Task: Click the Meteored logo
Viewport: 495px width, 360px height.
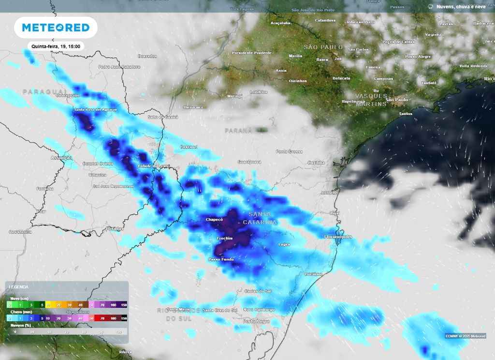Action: [56, 28]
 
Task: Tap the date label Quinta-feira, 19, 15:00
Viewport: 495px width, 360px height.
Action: [56, 46]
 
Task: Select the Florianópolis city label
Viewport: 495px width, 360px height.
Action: [337, 237]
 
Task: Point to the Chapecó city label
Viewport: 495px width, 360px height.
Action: [214, 219]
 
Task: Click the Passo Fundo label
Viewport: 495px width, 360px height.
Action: [221, 259]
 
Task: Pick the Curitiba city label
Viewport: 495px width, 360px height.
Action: [317, 162]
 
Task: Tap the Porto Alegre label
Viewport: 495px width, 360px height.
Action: [256, 321]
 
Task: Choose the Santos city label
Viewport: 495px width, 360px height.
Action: [405, 114]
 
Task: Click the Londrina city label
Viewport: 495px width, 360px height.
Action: [259, 92]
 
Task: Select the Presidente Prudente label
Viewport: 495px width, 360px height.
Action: [252, 52]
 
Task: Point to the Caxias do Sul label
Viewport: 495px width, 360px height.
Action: [258, 291]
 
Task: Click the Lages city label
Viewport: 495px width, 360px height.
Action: [284, 244]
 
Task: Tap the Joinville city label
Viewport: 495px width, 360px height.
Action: [329, 192]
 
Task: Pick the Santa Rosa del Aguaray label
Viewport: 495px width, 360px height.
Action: [95, 110]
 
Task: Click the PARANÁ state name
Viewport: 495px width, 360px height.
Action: [238, 131]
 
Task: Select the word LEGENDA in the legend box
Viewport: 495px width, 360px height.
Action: [18, 287]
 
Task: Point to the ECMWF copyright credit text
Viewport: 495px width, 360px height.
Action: [466, 336]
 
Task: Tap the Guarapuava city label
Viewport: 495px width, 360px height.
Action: [249, 162]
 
